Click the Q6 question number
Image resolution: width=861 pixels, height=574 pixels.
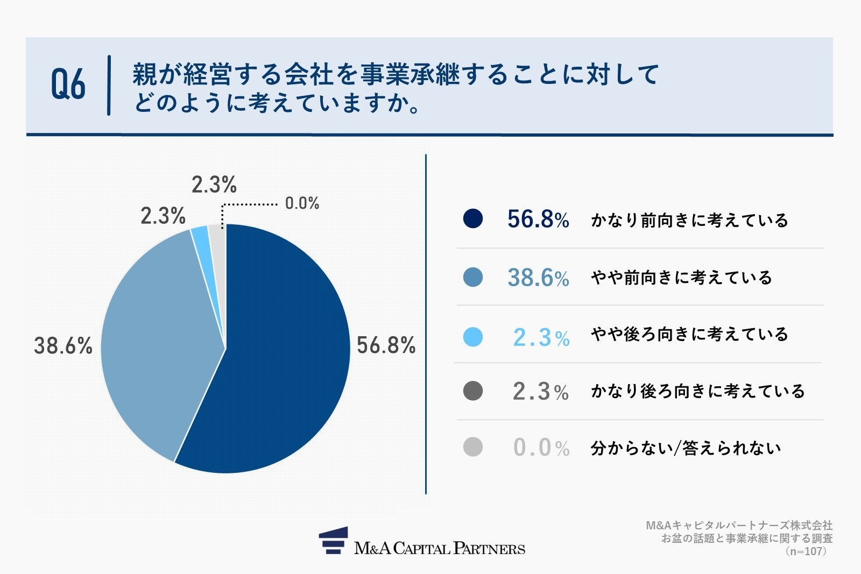(x=68, y=85)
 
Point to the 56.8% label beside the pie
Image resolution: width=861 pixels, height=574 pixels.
(x=386, y=345)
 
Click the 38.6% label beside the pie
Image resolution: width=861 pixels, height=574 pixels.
(x=63, y=345)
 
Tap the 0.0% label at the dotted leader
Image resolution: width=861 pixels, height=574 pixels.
(x=302, y=203)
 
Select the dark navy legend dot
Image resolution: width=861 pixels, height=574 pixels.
(x=472, y=218)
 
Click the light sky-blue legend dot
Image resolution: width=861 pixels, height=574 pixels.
(x=472, y=337)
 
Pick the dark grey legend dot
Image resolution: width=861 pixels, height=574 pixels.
(x=472, y=391)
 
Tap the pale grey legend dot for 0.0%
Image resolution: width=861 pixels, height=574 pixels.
(x=472, y=447)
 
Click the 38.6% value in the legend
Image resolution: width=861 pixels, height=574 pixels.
(x=538, y=278)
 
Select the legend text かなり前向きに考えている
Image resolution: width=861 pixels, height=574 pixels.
(x=689, y=220)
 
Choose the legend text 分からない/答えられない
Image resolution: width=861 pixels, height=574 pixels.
(x=686, y=448)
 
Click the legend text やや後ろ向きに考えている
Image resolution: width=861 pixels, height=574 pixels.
(x=689, y=334)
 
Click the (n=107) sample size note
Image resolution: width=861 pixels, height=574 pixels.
(x=806, y=551)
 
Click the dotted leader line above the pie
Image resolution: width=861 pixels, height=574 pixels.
(x=250, y=204)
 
